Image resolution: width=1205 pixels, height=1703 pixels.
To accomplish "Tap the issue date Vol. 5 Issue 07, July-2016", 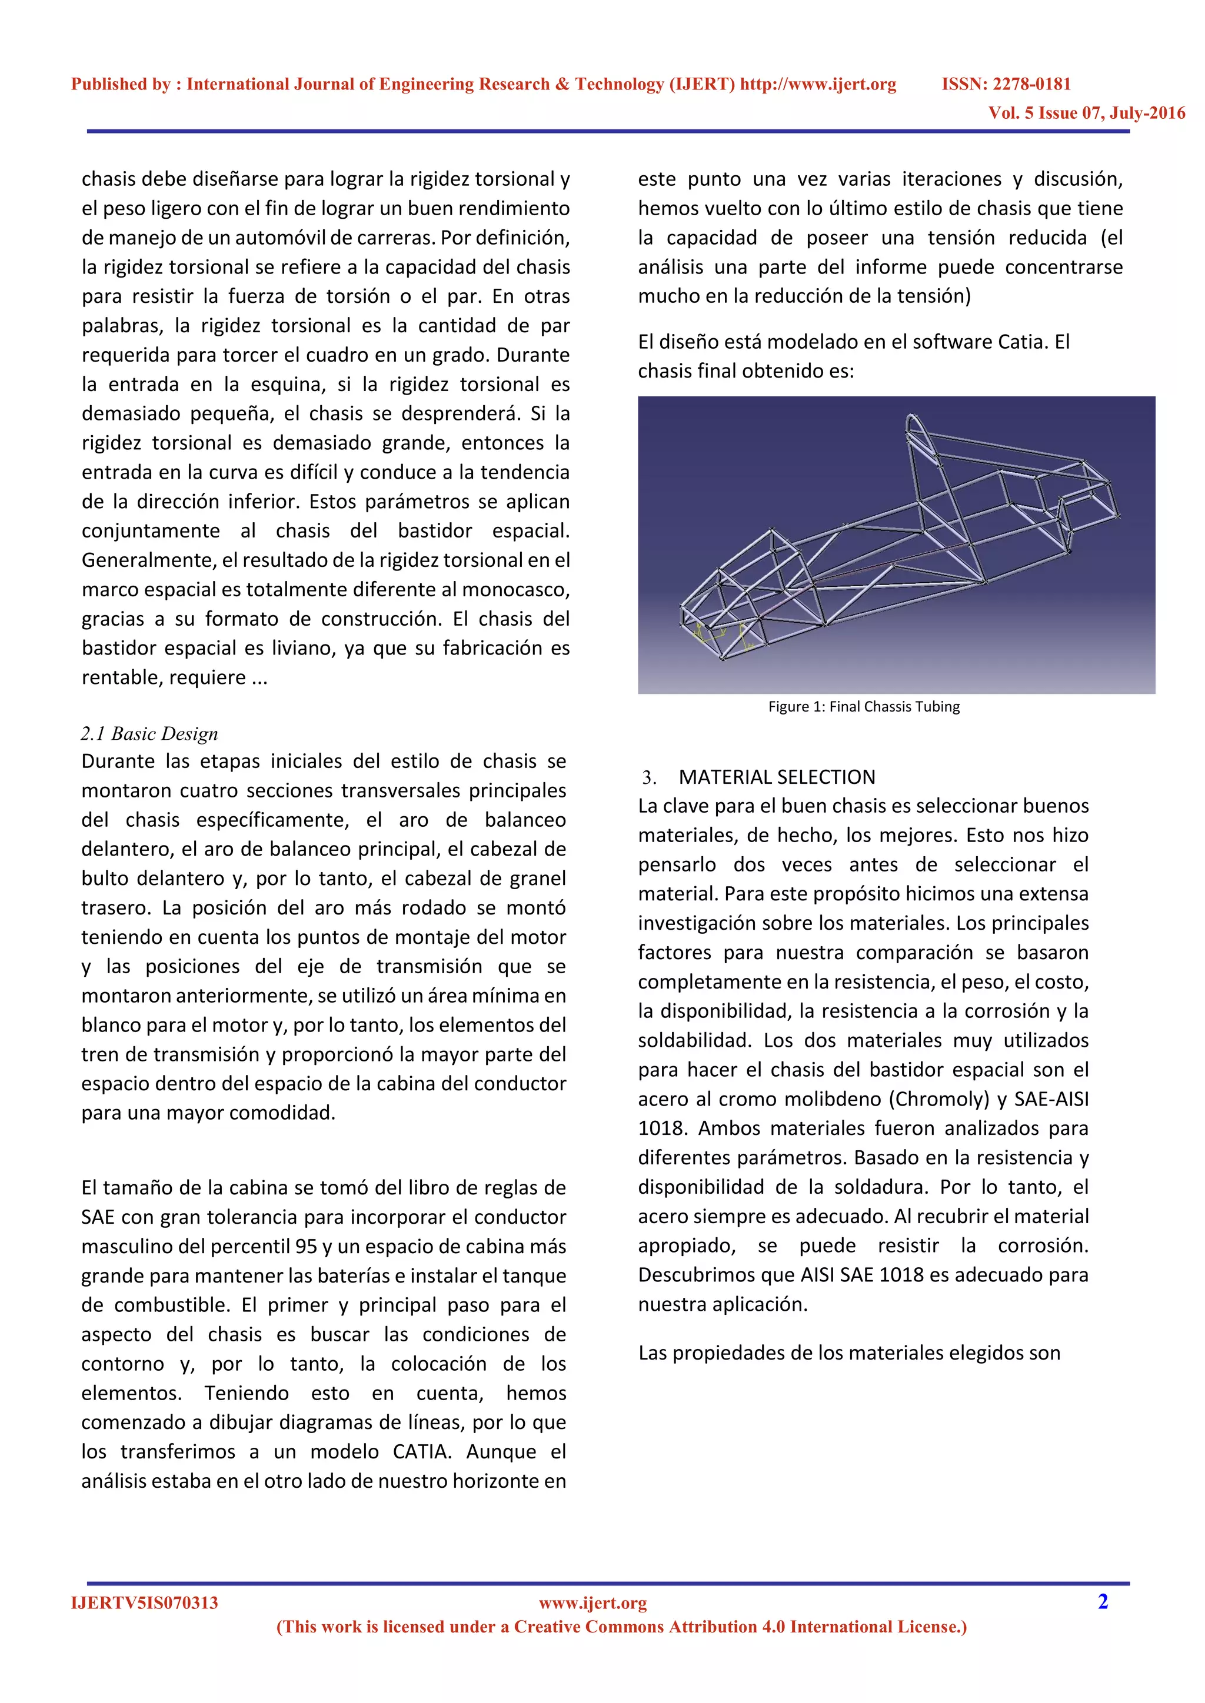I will [x=1086, y=113].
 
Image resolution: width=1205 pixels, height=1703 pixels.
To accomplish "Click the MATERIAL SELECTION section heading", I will [x=777, y=777].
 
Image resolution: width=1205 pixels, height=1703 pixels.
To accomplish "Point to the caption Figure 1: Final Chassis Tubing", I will [x=864, y=707].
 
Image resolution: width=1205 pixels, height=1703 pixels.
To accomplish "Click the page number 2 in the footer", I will [x=1103, y=1601].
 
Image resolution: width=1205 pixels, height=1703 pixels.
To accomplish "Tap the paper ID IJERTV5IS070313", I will [x=145, y=1603].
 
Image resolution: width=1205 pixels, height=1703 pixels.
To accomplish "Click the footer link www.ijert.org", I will [x=593, y=1603].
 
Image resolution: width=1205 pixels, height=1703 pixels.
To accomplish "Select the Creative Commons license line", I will [x=622, y=1627].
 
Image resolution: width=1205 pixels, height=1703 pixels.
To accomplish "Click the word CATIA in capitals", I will [x=420, y=1451].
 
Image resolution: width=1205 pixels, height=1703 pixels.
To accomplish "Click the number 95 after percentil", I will [x=306, y=1247].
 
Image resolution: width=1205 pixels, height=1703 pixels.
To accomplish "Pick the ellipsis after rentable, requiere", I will [x=259, y=678].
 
